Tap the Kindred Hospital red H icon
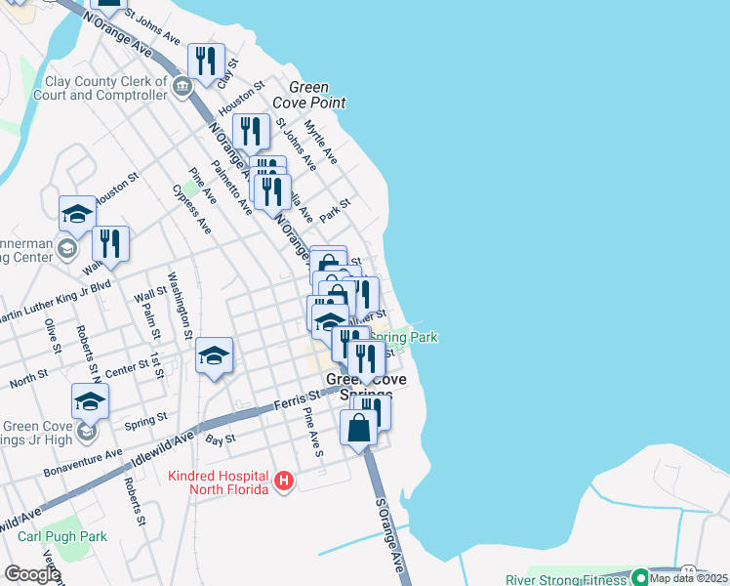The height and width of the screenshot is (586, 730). (x=284, y=481)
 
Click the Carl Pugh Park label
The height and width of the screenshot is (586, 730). (x=62, y=536)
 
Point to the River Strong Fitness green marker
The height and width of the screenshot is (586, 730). (x=640, y=577)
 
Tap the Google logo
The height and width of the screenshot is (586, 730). (x=32, y=574)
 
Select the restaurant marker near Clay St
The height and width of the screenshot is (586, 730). (x=205, y=62)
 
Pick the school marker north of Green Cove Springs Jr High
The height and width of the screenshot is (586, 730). (x=214, y=356)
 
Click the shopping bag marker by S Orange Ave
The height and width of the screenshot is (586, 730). (x=359, y=428)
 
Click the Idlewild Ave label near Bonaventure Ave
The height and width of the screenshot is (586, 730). (x=230, y=422)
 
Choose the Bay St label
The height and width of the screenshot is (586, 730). (x=222, y=440)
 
